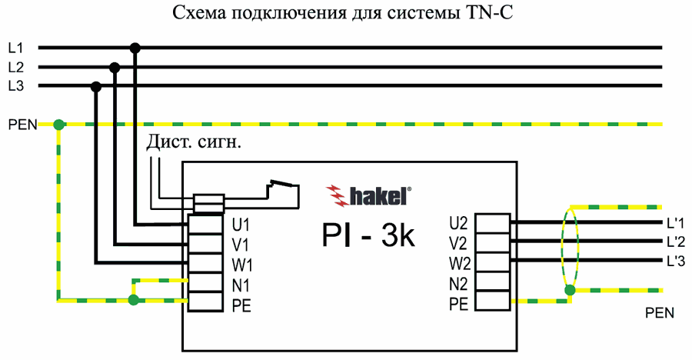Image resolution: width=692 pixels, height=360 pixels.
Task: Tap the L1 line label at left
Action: (16, 48)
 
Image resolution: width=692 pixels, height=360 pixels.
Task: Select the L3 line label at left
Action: (16, 86)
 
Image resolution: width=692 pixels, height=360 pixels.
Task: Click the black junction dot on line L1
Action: (135, 48)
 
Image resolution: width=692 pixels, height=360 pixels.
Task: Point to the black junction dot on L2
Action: (115, 67)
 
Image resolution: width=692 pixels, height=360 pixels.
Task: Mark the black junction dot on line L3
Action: (96, 86)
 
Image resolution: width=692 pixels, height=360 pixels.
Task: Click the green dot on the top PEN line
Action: (58, 123)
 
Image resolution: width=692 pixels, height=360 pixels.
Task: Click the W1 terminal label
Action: (243, 265)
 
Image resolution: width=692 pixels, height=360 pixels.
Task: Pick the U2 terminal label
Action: (458, 224)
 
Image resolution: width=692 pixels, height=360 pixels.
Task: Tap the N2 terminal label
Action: (458, 284)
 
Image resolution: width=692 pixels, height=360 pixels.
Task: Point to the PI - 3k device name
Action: (368, 236)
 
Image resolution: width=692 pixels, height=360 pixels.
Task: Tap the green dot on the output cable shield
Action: (570, 290)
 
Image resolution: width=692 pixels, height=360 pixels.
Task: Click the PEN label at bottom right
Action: (660, 313)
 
